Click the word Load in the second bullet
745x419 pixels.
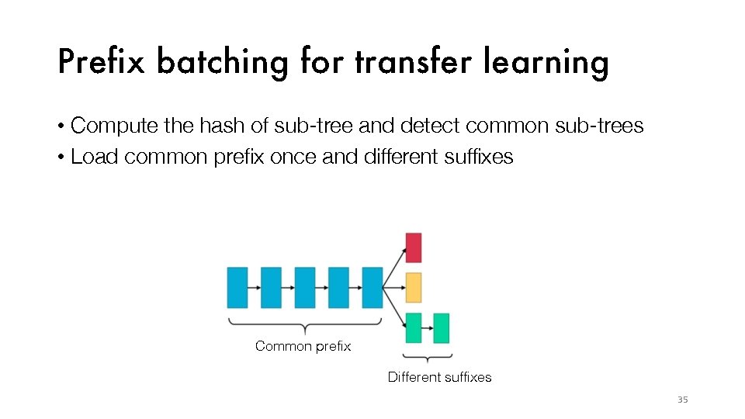(95, 157)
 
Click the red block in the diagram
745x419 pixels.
(414, 248)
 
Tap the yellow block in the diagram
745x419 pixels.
(414, 288)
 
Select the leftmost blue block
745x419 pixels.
(237, 288)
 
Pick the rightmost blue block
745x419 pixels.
(372, 288)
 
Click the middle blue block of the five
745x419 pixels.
(305, 288)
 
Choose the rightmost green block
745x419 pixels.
(441, 327)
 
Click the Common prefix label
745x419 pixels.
(303, 346)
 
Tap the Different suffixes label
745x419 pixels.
(439, 377)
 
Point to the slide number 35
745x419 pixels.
(683, 400)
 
